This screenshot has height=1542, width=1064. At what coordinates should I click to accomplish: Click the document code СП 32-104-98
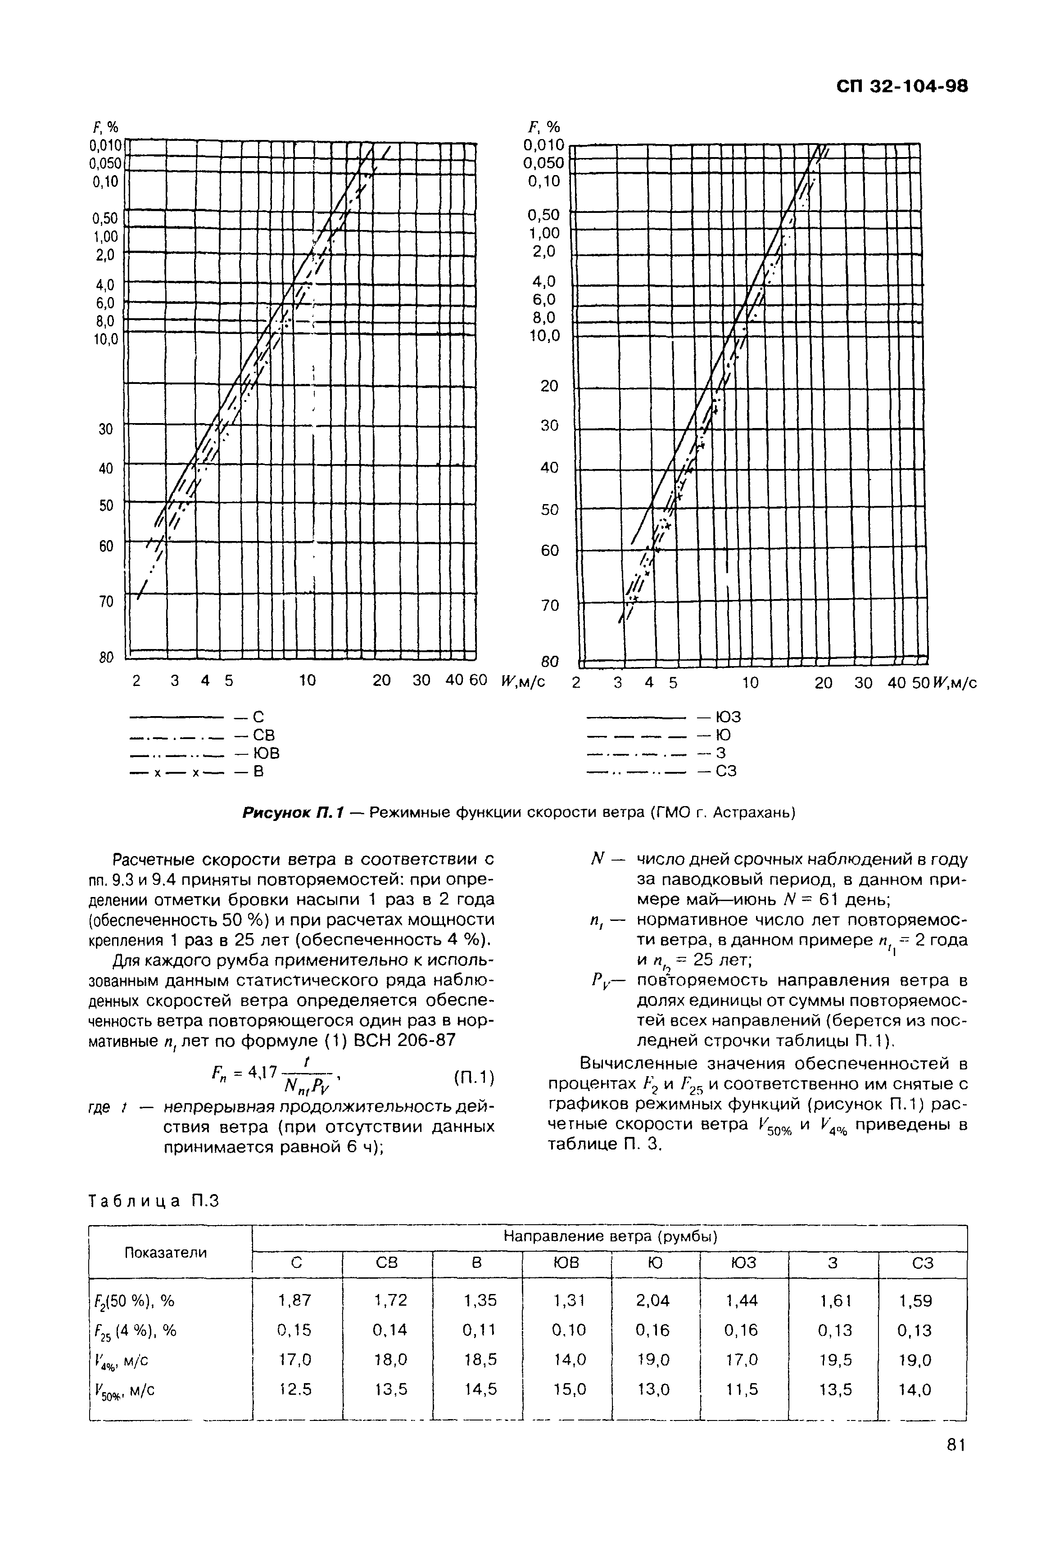point(901,86)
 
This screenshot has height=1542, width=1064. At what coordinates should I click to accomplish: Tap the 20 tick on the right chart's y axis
point(549,386)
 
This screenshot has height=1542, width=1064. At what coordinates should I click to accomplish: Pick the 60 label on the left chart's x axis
point(479,681)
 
